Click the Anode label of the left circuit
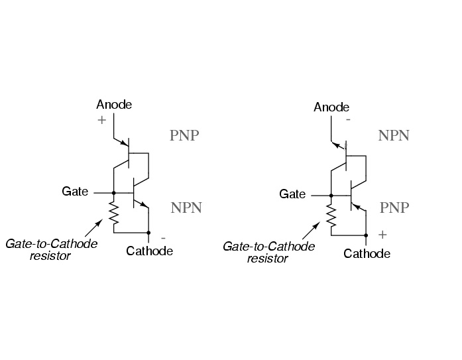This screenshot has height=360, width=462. (x=114, y=105)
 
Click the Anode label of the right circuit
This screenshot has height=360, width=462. (x=331, y=107)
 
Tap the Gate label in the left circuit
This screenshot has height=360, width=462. (x=75, y=192)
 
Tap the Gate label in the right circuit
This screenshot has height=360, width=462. (x=292, y=194)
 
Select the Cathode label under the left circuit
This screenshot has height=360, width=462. (x=149, y=251)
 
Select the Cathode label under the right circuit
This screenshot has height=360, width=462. (x=367, y=254)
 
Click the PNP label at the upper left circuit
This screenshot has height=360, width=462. (x=184, y=135)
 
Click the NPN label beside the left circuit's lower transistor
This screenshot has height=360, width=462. (x=186, y=208)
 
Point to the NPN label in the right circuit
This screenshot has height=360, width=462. (x=394, y=135)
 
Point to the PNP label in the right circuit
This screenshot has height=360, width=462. (x=394, y=208)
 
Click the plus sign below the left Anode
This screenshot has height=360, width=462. (x=101, y=120)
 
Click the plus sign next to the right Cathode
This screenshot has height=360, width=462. (x=382, y=235)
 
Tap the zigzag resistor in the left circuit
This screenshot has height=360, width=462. (x=114, y=213)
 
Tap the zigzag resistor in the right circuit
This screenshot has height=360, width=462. (x=331, y=215)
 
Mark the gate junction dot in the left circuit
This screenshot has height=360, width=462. (x=114, y=193)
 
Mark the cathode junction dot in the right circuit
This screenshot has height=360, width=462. (x=366, y=235)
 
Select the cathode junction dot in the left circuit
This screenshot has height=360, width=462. (x=148, y=233)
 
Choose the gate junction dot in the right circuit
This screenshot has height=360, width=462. (x=331, y=196)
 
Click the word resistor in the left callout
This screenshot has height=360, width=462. (x=50, y=256)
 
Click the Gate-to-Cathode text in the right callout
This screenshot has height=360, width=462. (x=269, y=246)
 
